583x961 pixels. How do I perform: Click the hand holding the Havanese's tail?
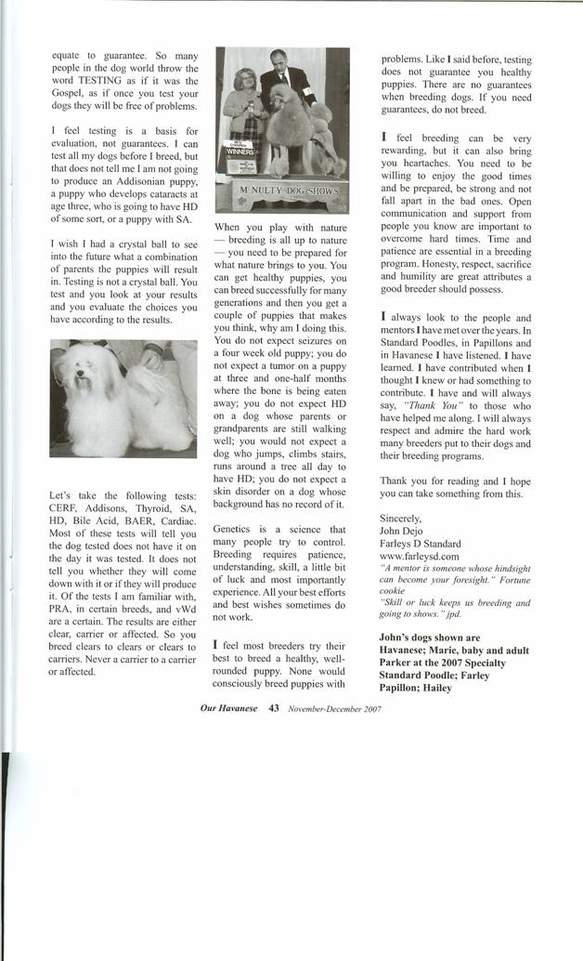pyautogui.click(x=153, y=359)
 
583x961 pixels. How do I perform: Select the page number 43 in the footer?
pyautogui.click(x=274, y=706)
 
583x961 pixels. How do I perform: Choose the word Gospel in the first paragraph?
pyautogui.click(x=68, y=95)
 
